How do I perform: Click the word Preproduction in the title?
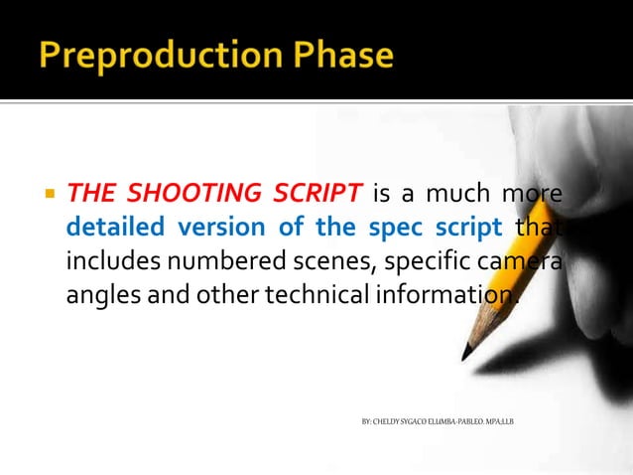pos(158,55)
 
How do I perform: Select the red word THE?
pos(89,192)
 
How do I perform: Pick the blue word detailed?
pos(116,227)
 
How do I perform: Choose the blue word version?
pos(222,227)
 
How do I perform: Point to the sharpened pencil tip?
pos(466,355)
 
